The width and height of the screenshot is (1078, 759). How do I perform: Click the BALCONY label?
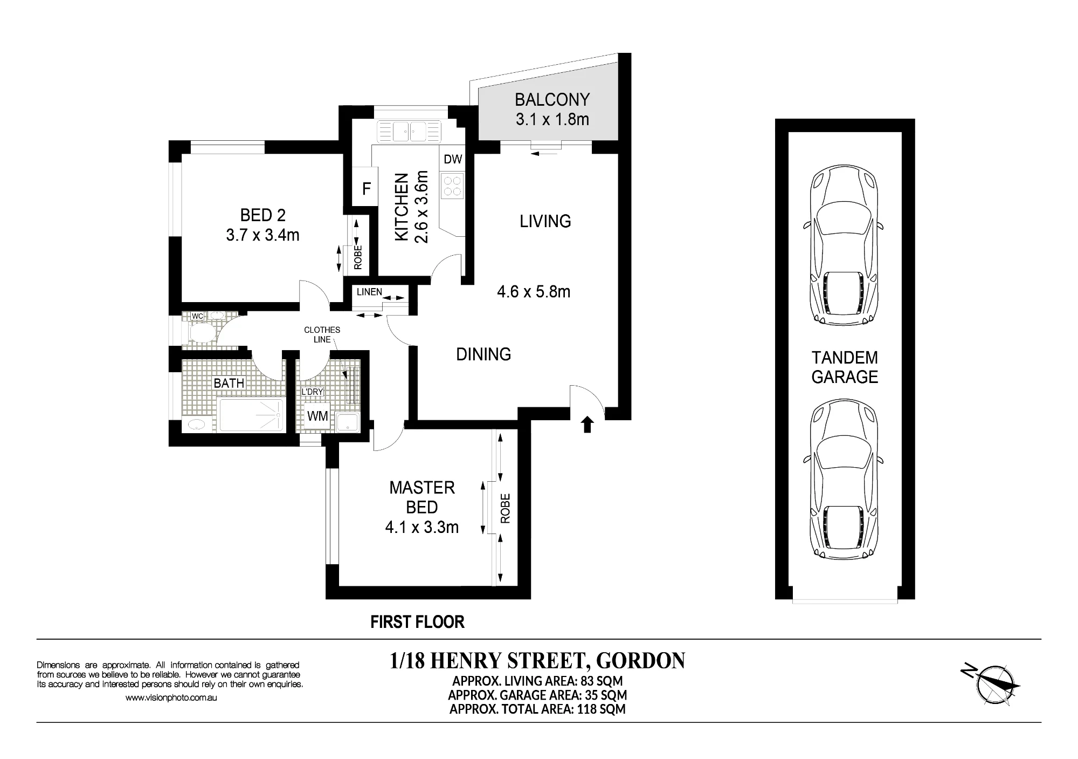tap(552, 100)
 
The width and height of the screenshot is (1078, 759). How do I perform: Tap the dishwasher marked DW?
tap(453, 159)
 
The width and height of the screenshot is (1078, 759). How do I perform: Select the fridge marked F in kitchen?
tap(366, 188)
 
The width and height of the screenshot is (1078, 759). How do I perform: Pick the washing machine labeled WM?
tap(317, 416)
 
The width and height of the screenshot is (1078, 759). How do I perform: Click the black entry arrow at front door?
tap(588, 425)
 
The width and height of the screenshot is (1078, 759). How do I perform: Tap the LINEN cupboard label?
tap(369, 292)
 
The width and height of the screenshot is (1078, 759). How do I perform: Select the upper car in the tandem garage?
tap(844, 245)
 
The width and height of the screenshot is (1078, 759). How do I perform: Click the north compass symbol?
tap(991, 683)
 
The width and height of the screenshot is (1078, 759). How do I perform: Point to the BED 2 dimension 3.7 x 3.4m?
tap(263, 235)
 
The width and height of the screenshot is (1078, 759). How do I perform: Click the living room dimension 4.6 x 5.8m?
tap(534, 292)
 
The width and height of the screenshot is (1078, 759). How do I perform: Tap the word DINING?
tap(483, 354)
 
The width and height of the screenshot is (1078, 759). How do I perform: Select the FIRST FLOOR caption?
tap(418, 622)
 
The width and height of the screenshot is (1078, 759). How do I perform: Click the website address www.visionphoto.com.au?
tap(171, 698)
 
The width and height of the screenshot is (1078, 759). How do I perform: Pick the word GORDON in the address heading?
tap(641, 661)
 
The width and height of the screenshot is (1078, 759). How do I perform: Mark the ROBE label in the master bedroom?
tap(505, 509)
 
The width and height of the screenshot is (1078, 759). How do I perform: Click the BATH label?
tap(229, 384)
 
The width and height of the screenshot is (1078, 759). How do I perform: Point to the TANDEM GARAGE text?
tap(845, 367)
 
